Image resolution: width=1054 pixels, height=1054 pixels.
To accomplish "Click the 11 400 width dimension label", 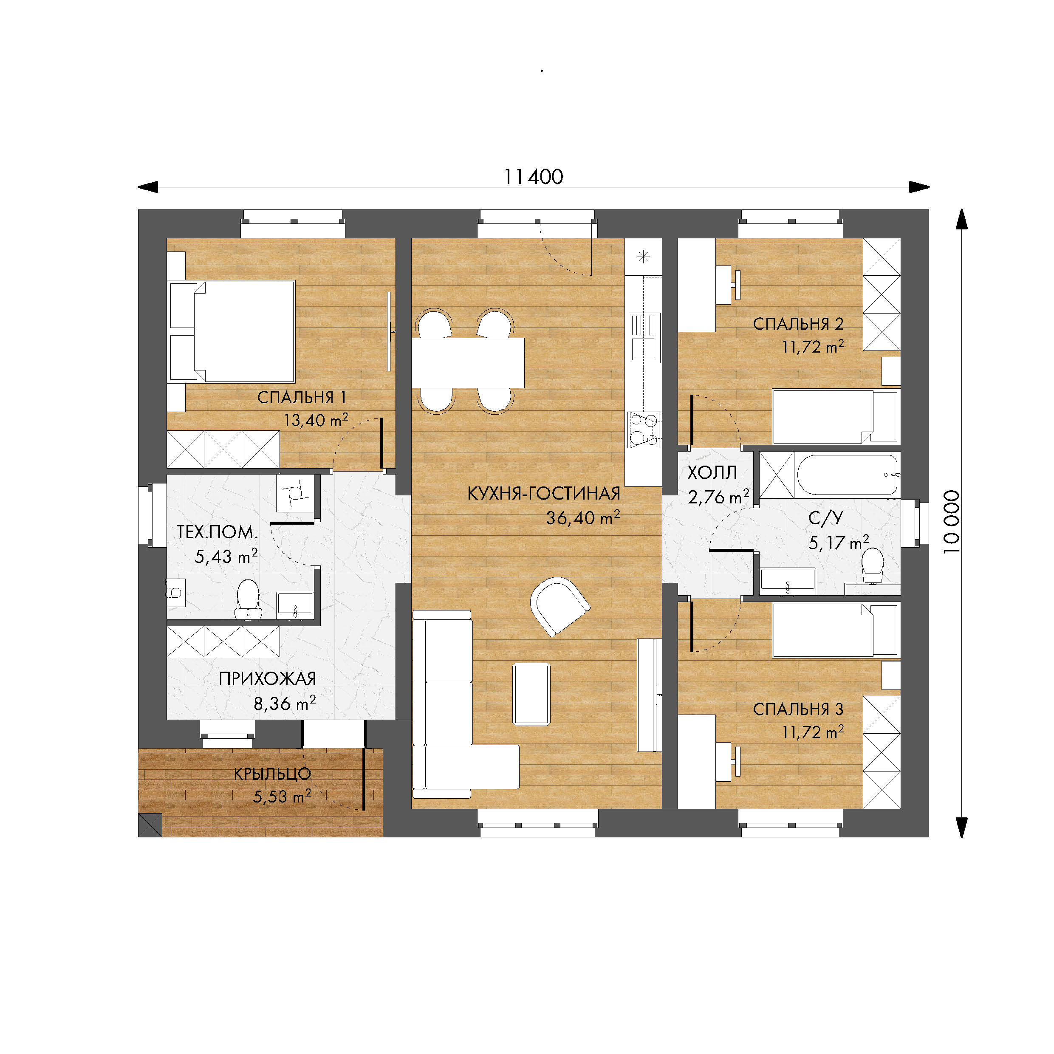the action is pyautogui.click(x=533, y=177).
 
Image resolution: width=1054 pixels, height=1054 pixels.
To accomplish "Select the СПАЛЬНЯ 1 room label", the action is pyautogui.click(x=302, y=397).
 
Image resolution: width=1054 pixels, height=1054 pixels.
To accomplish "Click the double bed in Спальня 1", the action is pyautogui.click(x=232, y=331).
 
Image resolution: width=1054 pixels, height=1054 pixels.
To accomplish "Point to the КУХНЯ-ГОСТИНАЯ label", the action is pyautogui.click(x=544, y=493).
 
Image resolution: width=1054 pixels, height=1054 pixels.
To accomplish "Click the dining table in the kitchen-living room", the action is pyautogui.click(x=468, y=363).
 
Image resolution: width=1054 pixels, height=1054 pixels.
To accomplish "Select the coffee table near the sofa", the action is pyautogui.click(x=531, y=694).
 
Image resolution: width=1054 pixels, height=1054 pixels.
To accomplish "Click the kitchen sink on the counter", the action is pyautogui.click(x=644, y=338).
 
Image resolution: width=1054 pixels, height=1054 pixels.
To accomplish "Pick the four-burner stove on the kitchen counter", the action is pyautogui.click(x=644, y=430).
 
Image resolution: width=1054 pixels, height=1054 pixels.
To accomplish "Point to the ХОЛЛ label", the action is pyautogui.click(x=712, y=472).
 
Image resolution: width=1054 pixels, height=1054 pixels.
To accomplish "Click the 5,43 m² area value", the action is pyautogui.click(x=226, y=556).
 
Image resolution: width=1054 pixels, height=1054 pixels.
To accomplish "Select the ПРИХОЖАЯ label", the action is pyautogui.click(x=267, y=678).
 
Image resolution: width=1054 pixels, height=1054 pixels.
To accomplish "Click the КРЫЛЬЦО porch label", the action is pyautogui.click(x=272, y=774).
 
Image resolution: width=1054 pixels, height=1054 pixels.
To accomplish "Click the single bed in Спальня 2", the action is pyautogui.click(x=836, y=416).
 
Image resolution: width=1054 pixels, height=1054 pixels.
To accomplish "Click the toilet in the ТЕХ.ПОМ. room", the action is pyautogui.click(x=248, y=599).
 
